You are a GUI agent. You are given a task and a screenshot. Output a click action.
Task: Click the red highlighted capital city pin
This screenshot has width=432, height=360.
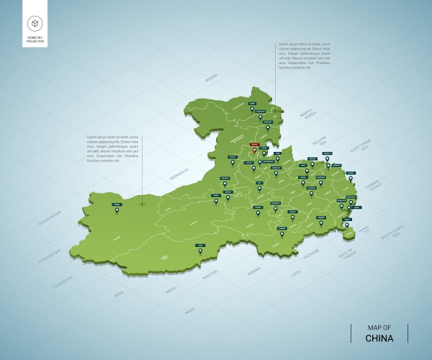tap(253, 149)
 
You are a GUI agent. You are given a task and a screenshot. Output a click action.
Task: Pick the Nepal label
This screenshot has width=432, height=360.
tap(171, 289)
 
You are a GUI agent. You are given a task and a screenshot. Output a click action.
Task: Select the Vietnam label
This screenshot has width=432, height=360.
tap(310, 254)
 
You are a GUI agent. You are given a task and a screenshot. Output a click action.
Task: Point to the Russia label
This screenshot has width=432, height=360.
tap(210, 78)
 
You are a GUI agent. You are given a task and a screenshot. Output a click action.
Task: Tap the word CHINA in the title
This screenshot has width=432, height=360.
tap(379, 338)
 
